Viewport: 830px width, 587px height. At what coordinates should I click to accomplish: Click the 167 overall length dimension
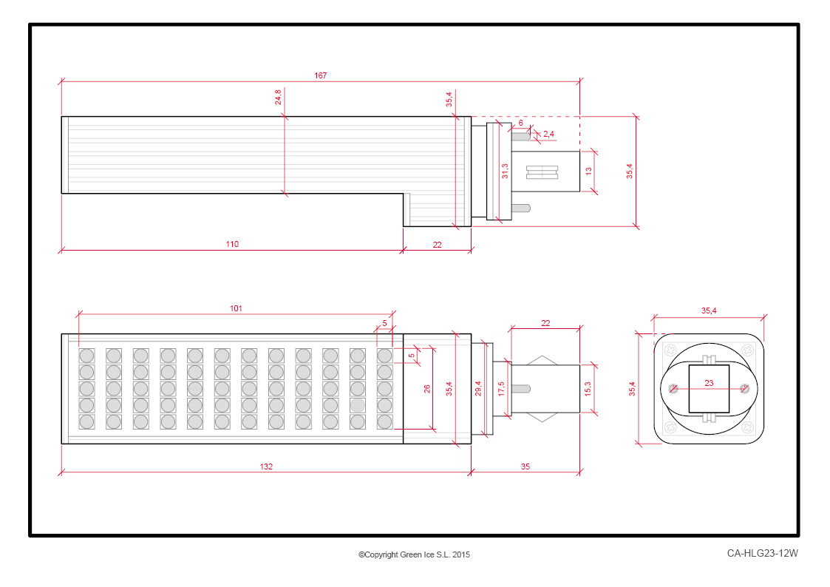(320, 75)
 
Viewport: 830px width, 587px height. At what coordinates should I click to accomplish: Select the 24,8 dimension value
(279, 97)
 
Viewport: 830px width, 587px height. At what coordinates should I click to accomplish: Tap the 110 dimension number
(232, 244)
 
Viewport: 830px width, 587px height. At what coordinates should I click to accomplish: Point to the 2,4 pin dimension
(548, 134)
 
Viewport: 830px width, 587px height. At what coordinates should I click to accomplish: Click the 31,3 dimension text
(505, 171)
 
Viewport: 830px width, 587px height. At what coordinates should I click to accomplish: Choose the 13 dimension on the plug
(588, 172)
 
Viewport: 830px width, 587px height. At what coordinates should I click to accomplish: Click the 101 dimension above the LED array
(236, 308)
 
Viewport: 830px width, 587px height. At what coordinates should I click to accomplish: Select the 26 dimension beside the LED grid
(426, 389)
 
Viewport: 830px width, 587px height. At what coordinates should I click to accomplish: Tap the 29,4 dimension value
(478, 389)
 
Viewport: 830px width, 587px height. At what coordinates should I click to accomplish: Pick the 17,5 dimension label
(501, 389)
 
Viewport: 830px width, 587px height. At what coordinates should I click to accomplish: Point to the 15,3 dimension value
(588, 389)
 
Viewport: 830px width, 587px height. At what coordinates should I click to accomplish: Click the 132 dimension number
(266, 466)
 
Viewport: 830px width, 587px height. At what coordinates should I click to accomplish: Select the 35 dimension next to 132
(525, 466)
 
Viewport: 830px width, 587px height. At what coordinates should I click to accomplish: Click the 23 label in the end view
(710, 383)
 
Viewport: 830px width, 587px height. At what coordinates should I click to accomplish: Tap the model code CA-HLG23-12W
(762, 553)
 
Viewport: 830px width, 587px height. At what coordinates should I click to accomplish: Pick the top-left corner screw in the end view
(670, 350)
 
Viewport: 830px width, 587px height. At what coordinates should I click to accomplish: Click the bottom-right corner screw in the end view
(747, 427)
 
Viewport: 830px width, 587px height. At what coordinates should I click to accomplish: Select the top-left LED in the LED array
(86, 355)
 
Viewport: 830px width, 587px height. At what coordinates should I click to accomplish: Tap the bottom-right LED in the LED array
(385, 422)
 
